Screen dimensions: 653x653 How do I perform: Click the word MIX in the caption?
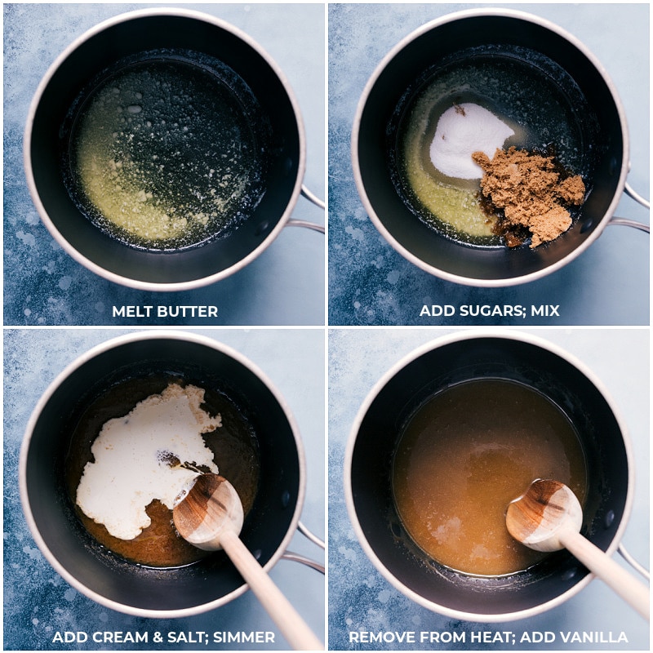click(544, 311)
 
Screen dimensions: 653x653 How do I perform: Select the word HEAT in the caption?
click(492, 637)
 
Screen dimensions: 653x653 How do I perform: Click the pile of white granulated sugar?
click(469, 140)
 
